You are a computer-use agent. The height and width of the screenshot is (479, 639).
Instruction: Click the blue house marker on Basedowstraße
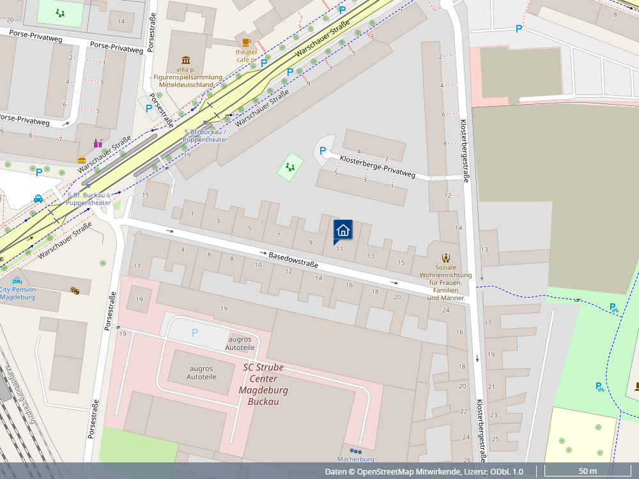343,231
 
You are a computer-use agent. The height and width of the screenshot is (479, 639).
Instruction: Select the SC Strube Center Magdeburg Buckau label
263,384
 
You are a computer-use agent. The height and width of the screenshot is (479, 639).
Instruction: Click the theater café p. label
247,56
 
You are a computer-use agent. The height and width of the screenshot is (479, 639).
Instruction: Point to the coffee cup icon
247,42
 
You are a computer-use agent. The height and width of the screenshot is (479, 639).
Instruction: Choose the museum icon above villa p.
186,59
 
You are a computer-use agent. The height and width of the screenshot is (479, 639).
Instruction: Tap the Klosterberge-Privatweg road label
377,167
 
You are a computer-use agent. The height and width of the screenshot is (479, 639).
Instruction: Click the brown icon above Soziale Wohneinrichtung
446,257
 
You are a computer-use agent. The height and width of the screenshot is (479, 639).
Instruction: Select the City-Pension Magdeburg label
17,293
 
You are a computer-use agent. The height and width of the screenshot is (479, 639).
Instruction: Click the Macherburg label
355,459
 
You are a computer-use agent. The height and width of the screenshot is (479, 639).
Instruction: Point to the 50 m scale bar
587,471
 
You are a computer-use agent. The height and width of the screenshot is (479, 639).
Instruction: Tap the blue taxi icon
38,199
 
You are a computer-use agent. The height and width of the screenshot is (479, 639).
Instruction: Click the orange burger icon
82,160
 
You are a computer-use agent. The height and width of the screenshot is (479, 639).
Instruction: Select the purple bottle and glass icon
98,143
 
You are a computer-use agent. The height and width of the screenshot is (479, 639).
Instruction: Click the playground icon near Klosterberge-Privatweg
290,167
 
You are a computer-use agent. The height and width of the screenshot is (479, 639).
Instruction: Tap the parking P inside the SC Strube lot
195,333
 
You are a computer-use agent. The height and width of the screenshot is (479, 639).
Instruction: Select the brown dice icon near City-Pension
75,291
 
